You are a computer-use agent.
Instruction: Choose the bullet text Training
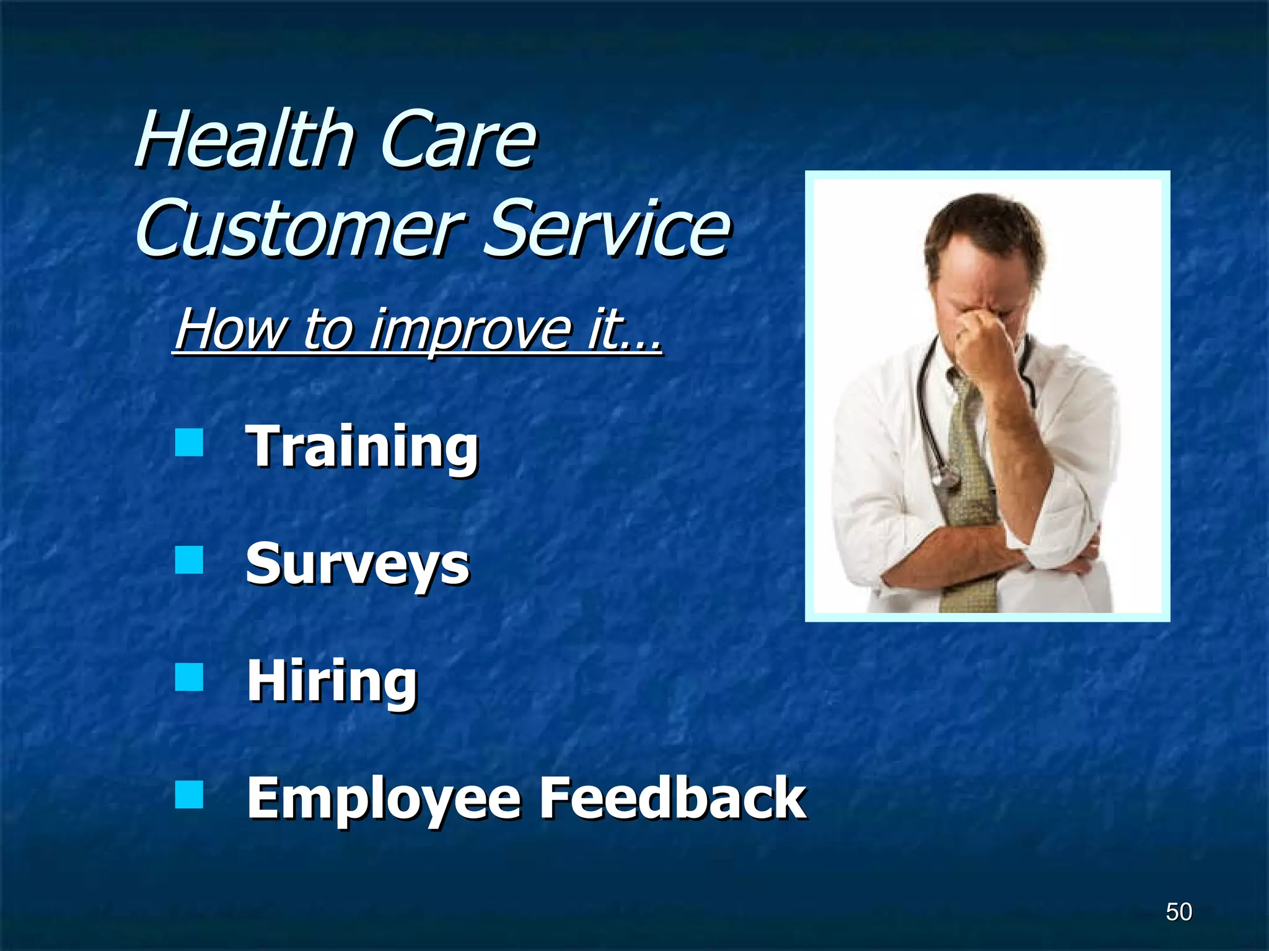tap(362, 447)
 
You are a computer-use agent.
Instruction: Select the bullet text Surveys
tap(358, 565)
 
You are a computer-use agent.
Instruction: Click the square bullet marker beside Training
tap(189, 443)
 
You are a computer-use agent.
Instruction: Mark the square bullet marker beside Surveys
tap(189, 560)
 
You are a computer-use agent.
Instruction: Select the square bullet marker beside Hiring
tap(189, 677)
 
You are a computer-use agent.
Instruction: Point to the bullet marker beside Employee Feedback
tap(189, 794)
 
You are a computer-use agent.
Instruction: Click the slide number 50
tap(1179, 912)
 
